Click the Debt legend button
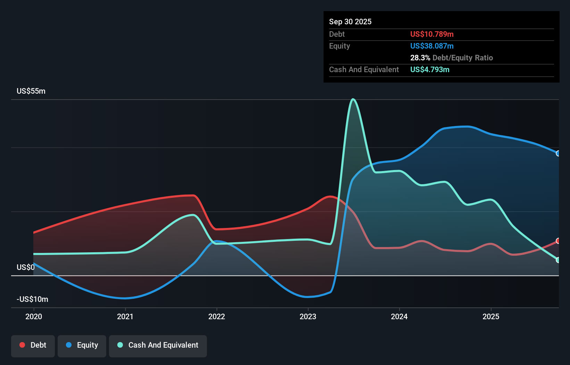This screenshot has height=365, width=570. [x=33, y=345]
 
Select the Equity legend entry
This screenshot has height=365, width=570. [x=82, y=345]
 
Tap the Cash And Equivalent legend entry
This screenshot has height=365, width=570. [x=158, y=345]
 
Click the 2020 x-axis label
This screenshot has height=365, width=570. [x=34, y=316]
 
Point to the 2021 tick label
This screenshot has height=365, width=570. [x=125, y=316]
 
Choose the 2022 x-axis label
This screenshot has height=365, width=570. [x=217, y=316]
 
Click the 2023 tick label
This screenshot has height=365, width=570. [x=308, y=316]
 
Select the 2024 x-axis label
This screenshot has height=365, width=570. [x=399, y=316]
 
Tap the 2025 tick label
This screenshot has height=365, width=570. [x=491, y=316]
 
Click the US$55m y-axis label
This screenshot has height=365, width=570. [x=31, y=91]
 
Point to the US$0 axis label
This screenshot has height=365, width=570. [x=26, y=268]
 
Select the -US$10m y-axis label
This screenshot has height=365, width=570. [x=32, y=299]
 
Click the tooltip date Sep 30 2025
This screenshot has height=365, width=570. [x=350, y=22]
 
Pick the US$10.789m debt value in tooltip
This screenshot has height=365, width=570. [x=431, y=34]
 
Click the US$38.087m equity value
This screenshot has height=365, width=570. [x=431, y=46]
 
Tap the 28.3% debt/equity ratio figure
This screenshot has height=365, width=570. [x=420, y=58]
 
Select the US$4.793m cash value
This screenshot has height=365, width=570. [x=429, y=70]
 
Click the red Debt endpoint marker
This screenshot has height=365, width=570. [x=558, y=241]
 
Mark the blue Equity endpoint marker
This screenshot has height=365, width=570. [x=558, y=153]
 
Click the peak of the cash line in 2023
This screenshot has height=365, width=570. [x=353, y=100]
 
